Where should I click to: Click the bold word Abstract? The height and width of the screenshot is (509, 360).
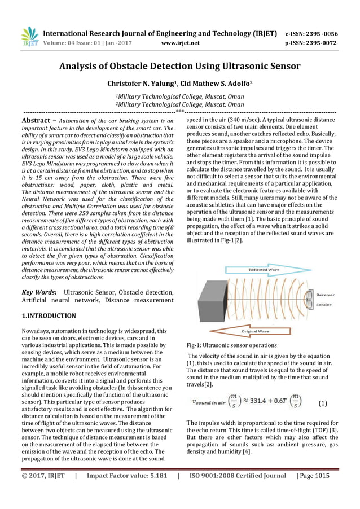[37, 121]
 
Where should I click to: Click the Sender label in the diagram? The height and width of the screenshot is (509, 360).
[323, 304]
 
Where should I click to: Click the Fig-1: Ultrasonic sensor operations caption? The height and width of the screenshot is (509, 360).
[231, 345]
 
